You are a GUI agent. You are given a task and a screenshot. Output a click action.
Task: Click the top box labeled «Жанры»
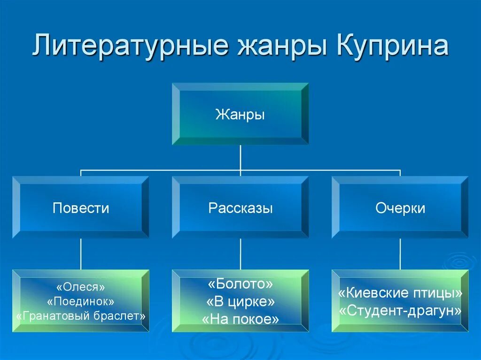pyautogui.click(x=240, y=114)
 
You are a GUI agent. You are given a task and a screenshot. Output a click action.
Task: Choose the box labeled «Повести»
pyautogui.click(x=81, y=208)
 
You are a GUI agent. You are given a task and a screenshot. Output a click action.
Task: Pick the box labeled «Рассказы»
pyautogui.click(x=240, y=208)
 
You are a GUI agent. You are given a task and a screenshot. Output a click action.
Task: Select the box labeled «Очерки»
pyautogui.click(x=400, y=208)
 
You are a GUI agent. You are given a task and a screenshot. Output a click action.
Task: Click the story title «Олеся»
pyautogui.click(x=80, y=286)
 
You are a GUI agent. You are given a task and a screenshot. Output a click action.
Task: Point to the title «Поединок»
pyautogui.click(x=80, y=301)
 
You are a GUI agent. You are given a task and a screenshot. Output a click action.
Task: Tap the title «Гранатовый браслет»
pyautogui.click(x=80, y=316)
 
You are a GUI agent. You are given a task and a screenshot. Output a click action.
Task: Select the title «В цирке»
pyautogui.click(x=240, y=302)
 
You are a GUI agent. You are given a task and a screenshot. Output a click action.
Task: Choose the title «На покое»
pyautogui.click(x=240, y=320)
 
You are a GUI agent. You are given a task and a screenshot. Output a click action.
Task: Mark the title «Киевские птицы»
pyautogui.click(x=400, y=293)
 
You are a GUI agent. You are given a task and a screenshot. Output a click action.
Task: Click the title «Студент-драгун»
pyautogui.click(x=400, y=311)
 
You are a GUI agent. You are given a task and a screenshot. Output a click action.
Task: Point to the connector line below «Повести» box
pyautogui.click(x=81, y=253)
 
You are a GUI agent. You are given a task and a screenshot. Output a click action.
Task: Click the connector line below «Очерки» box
pyautogui.click(x=400, y=253)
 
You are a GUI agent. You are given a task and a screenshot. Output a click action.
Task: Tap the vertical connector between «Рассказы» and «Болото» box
pyautogui.click(x=240, y=253)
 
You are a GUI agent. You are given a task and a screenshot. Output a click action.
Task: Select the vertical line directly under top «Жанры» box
pyautogui.click(x=240, y=157)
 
